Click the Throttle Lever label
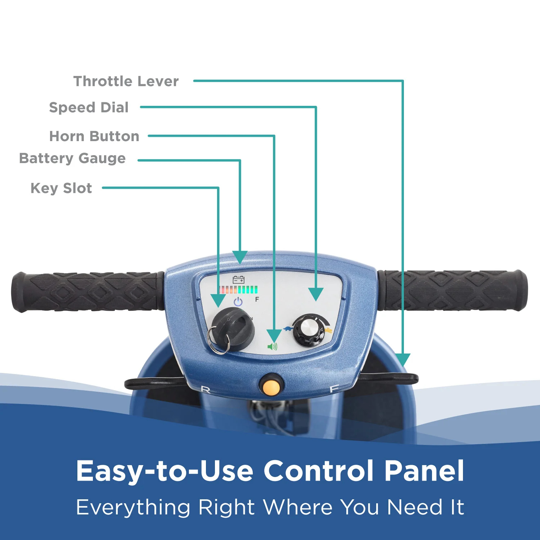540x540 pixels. pyautogui.click(x=126, y=81)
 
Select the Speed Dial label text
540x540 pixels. pyautogui.click(x=89, y=108)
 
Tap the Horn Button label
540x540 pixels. pyautogui.click(x=94, y=136)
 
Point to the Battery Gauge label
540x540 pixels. pyautogui.click(x=72, y=158)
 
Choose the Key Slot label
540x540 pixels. pyautogui.click(x=61, y=188)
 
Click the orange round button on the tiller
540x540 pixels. pyautogui.click(x=271, y=387)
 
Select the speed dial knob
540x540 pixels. pyautogui.click(x=309, y=329)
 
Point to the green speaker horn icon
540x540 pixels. pyautogui.click(x=273, y=347)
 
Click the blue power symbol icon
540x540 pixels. pyautogui.click(x=238, y=302)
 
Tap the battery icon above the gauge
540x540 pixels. pyautogui.click(x=239, y=280)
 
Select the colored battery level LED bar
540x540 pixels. pyautogui.click(x=238, y=290)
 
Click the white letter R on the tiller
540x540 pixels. pyautogui.click(x=205, y=390)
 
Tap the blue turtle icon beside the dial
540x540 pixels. pyautogui.click(x=288, y=328)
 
